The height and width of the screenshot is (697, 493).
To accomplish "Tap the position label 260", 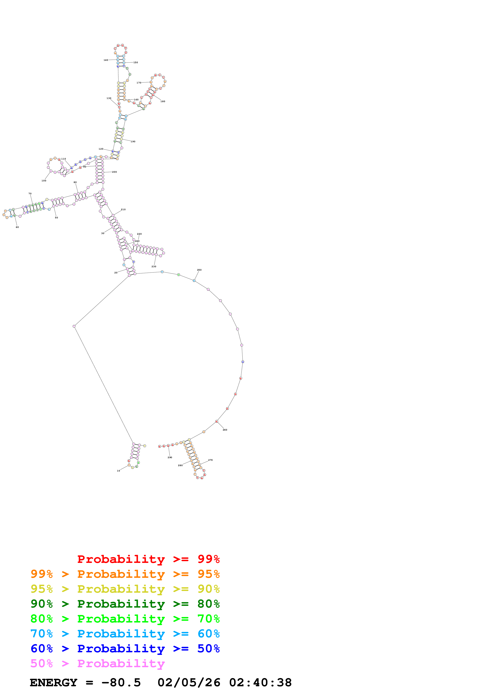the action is pyautogui.click(x=225, y=430).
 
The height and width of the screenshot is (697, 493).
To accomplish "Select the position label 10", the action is pyautogui.click(x=119, y=471).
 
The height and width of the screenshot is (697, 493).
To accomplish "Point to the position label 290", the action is pyautogui.click(x=170, y=458).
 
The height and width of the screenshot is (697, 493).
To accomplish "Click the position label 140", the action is pyautogui.click(x=106, y=60).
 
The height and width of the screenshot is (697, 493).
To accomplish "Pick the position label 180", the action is pyautogui.click(x=163, y=101).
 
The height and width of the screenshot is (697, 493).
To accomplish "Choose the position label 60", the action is pyautogui.click(x=17, y=227).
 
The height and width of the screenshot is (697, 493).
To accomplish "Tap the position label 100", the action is pyautogui.click(x=44, y=181).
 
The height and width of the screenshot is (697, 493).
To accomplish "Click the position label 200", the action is pyautogui.click(x=115, y=172).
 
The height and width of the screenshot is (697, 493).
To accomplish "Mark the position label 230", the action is pyautogui.click(x=154, y=266).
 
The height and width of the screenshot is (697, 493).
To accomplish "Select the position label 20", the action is pyautogui.click(x=116, y=273).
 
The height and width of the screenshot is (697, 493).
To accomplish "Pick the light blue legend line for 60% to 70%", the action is pyautogui.click(x=125, y=634).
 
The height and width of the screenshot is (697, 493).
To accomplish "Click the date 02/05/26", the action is pyautogui.click(x=189, y=683).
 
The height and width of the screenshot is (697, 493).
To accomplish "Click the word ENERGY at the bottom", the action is pyautogui.click(x=53, y=683).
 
